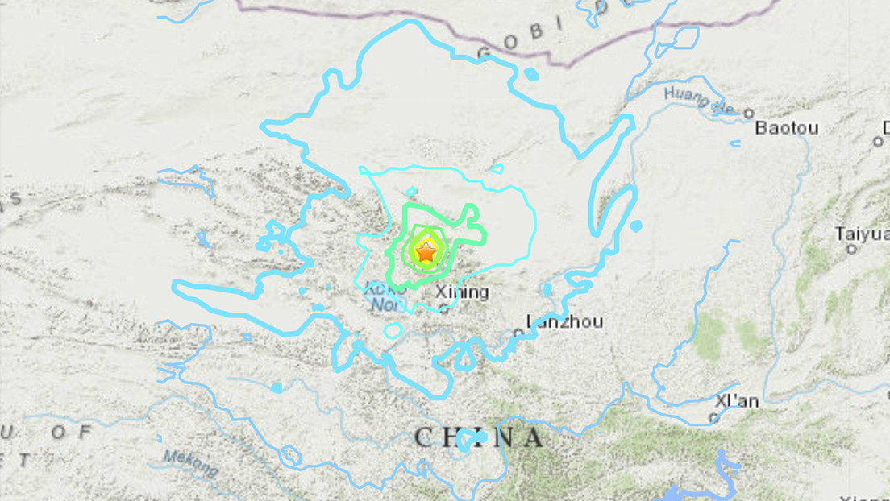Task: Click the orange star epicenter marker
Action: pyautogui.click(x=426, y=252)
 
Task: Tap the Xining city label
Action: pyautogui.click(x=461, y=292)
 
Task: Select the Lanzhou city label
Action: pyautogui.click(x=564, y=321)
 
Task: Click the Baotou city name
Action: pyautogui.click(x=787, y=128)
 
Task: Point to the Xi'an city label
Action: pyautogui.click(x=736, y=401)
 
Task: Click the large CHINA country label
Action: pyautogui.click(x=479, y=438)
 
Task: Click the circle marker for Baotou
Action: pyautogui.click(x=748, y=114)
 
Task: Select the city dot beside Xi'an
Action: pyautogui.click(x=713, y=417)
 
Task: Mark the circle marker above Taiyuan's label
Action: pyautogui.click(x=851, y=249)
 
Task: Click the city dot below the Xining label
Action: pyautogui.click(x=443, y=307)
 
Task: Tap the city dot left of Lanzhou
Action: pyautogui.click(x=518, y=331)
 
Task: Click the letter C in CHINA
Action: pyautogui.click(x=424, y=438)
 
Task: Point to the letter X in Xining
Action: pyautogui.click(x=439, y=292)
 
